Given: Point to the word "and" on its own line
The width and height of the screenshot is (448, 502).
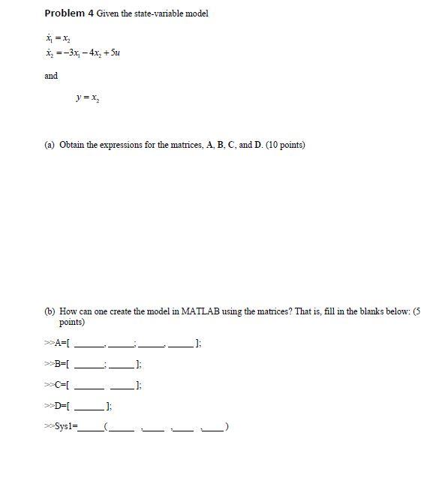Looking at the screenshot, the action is (51, 76).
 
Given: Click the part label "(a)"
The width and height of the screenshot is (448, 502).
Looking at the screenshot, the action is (50, 145).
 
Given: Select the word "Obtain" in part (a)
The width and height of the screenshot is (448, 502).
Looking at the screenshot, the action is (72, 145).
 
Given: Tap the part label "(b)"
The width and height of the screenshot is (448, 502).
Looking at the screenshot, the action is (50, 311).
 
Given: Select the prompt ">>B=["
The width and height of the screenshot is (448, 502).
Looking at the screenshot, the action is (57, 365).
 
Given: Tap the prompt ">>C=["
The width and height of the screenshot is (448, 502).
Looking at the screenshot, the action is (57, 386).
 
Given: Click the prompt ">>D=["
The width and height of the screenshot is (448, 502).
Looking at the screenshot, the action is (57, 407).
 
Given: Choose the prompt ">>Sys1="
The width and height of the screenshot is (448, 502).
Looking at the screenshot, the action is (61, 428).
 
